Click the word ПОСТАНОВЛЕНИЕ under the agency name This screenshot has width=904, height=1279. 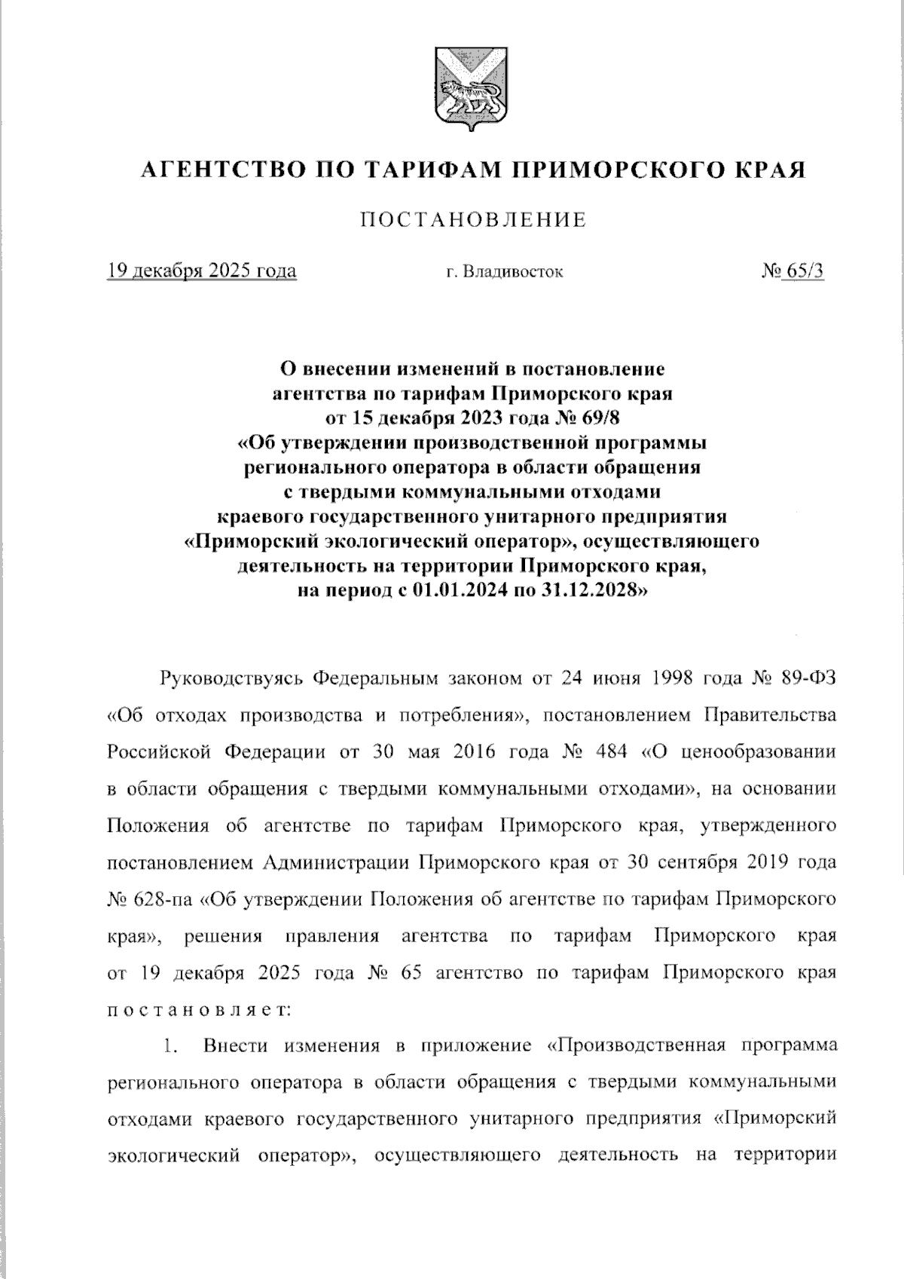[x=473, y=220]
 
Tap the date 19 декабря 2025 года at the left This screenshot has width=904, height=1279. [x=202, y=271]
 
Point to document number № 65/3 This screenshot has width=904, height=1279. [x=793, y=271]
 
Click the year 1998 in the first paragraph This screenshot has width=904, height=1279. [x=669, y=678]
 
